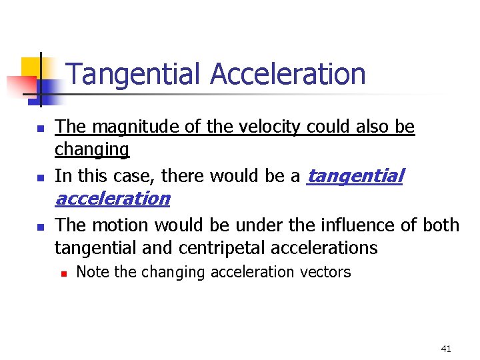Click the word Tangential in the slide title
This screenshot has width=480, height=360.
[134, 74]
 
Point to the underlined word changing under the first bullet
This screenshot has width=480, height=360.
[92, 149]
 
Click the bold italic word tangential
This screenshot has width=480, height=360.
[355, 175]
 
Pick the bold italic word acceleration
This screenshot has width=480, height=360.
[112, 198]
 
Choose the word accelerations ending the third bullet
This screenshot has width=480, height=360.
[331, 248]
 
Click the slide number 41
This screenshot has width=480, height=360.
[446, 348]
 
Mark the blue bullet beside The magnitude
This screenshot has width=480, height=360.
[40, 127]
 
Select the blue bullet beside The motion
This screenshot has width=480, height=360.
[40, 227]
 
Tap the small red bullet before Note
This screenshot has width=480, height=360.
[63, 273]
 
